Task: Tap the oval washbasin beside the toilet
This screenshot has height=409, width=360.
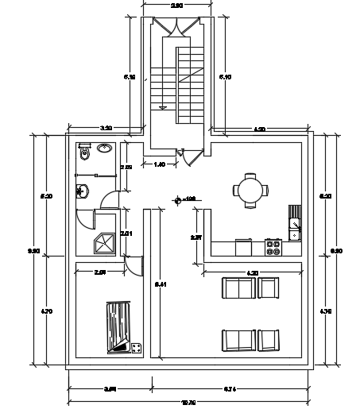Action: tap(105, 148)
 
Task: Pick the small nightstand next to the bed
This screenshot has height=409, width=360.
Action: tap(136, 347)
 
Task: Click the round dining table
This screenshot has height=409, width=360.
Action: tap(250, 190)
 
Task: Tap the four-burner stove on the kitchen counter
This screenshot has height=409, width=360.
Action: tap(273, 247)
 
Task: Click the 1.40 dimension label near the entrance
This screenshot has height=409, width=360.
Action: tap(159, 164)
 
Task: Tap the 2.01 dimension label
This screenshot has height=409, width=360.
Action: tap(125, 233)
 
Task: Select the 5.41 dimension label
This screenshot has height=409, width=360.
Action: tap(160, 284)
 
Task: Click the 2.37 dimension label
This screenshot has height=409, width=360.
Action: tap(196, 237)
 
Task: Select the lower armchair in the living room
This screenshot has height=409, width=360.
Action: tap(269, 340)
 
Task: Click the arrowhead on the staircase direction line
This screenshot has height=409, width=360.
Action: tap(164, 106)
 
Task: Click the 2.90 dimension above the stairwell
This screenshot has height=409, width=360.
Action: tap(176, 6)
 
